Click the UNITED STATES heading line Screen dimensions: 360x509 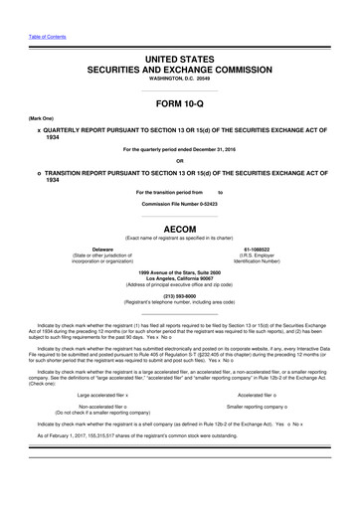[180, 62]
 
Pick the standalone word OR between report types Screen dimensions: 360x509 [180, 162]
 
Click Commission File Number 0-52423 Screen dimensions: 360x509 [180, 205]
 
